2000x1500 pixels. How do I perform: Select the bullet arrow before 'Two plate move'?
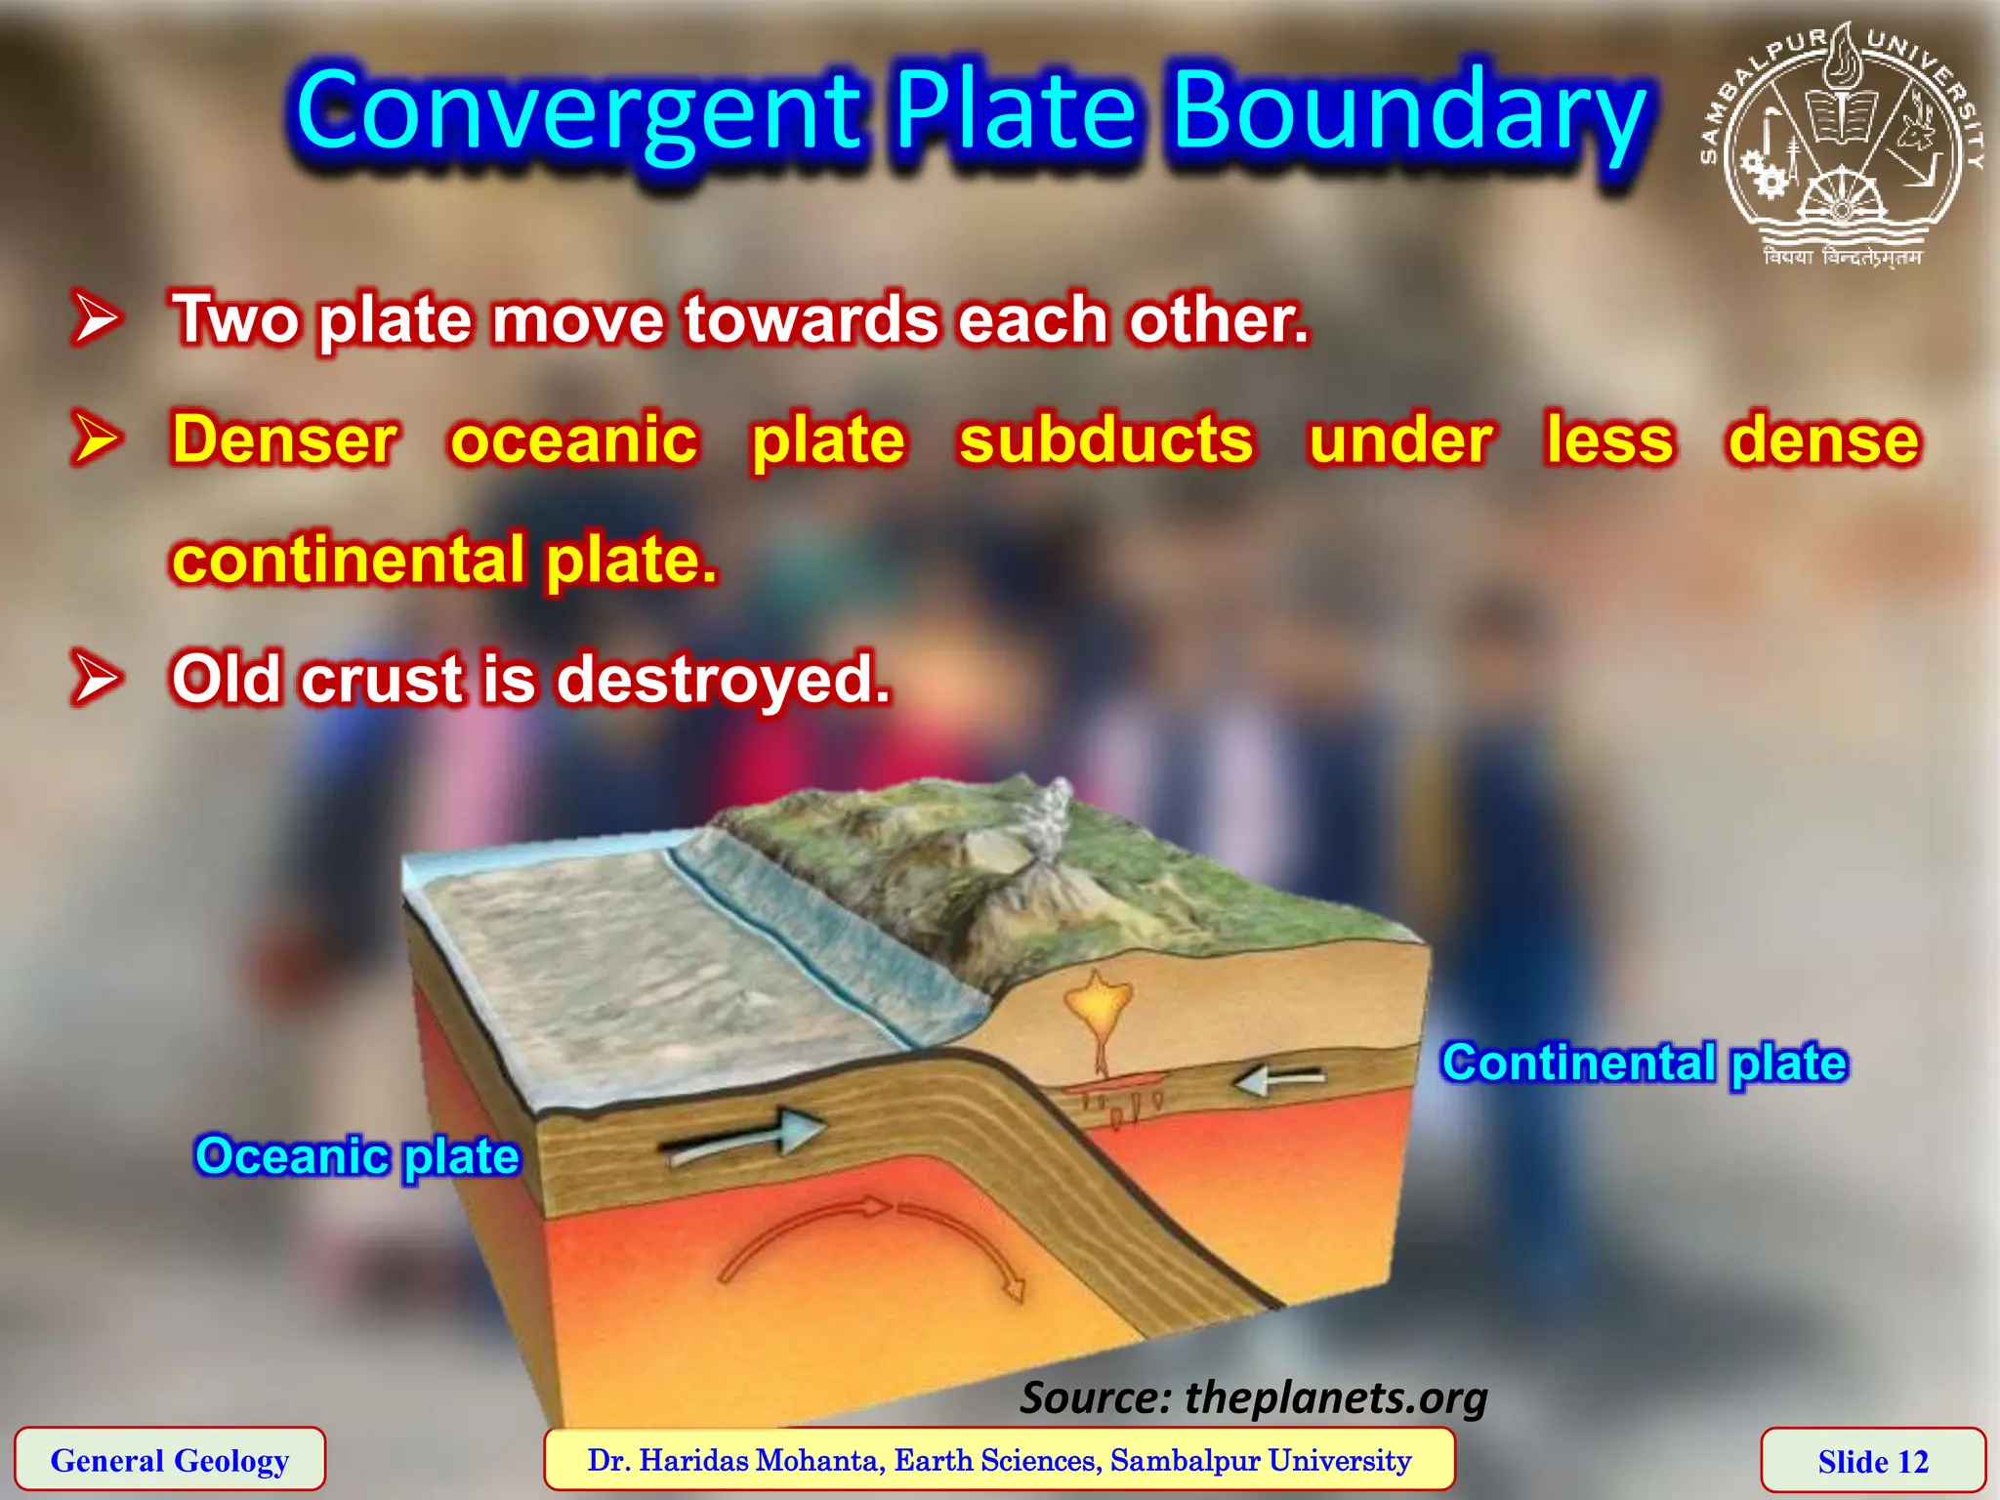click(x=96, y=318)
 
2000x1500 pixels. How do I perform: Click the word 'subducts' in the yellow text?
click(x=1105, y=439)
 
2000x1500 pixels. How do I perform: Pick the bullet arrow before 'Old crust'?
click(x=96, y=679)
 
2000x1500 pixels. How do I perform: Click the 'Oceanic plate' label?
click(x=357, y=1156)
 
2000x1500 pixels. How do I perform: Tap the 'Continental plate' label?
click(x=1645, y=1062)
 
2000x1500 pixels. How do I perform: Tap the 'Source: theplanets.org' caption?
click(x=1254, y=1396)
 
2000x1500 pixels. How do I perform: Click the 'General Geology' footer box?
click(x=170, y=1460)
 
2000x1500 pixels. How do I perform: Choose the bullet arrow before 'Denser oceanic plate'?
click(x=96, y=439)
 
